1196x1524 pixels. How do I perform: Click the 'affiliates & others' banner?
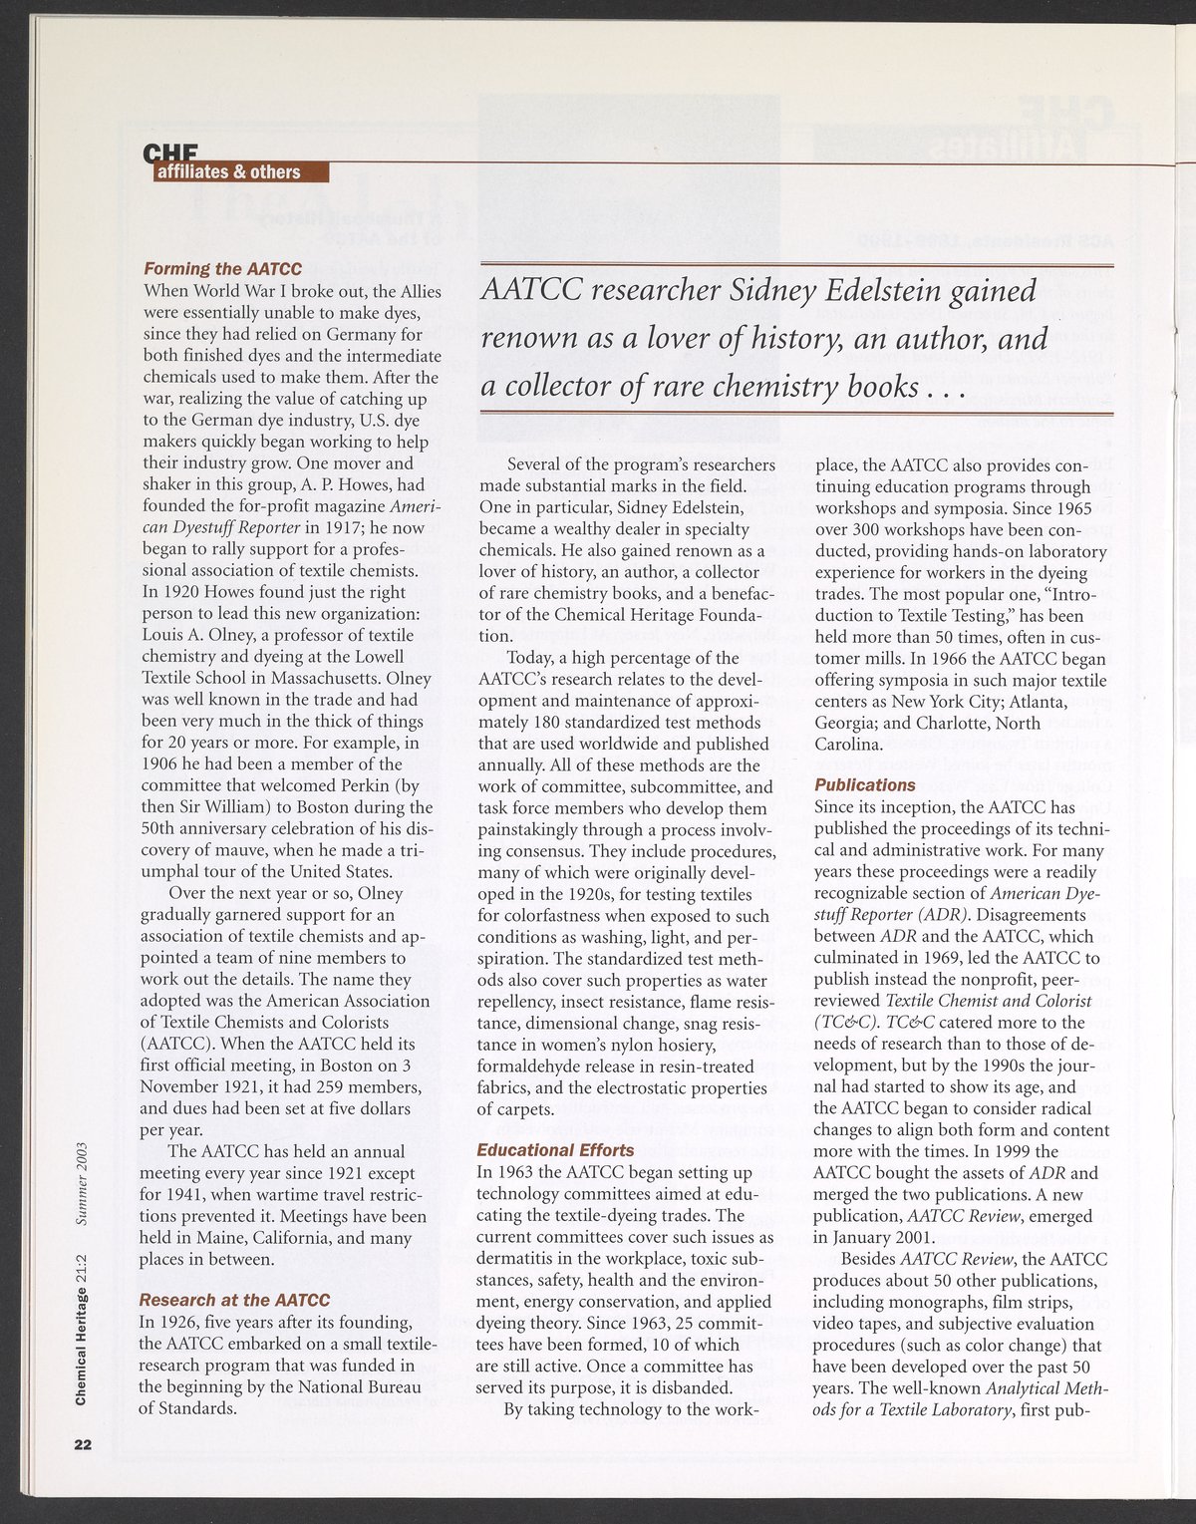coord(238,171)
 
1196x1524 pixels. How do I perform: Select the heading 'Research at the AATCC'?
coord(234,1300)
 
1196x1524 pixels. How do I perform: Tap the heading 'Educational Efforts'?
coord(556,1149)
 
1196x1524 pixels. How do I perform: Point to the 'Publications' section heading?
coord(865,784)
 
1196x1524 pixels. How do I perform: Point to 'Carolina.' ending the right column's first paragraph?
coord(848,744)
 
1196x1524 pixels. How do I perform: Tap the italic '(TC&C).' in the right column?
coord(844,1022)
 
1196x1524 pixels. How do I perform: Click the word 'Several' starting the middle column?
coord(536,465)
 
